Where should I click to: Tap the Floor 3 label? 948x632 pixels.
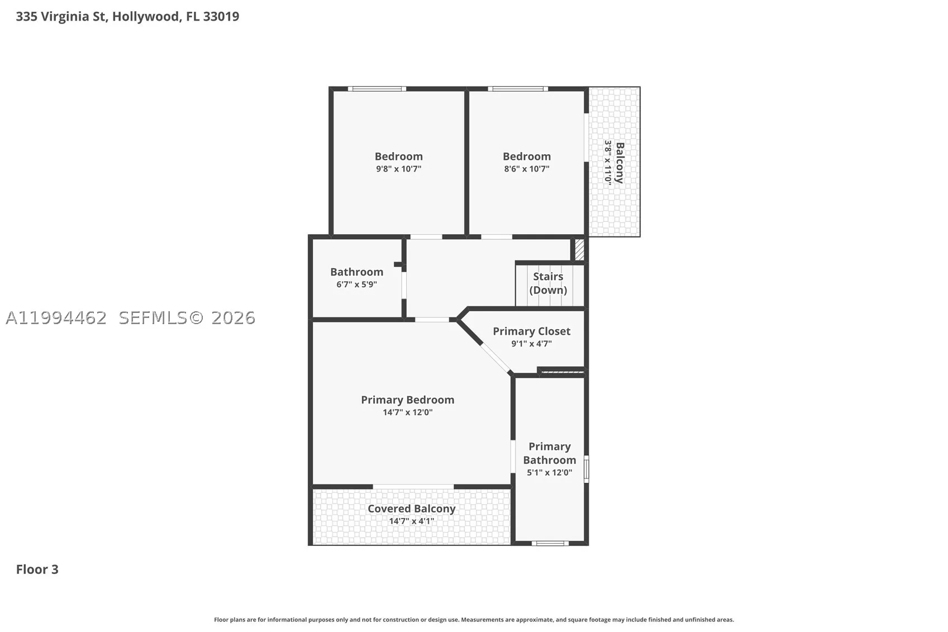point(37,569)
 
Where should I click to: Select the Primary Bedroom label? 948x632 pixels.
point(408,400)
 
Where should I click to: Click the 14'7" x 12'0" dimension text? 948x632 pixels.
point(408,412)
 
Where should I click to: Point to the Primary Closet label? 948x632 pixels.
point(532,331)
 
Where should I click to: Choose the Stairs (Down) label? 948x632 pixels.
point(548,283)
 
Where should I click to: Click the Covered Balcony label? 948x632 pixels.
point(411,509)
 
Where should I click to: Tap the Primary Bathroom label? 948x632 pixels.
point(549,453)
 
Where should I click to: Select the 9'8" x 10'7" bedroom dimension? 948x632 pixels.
point(399,169)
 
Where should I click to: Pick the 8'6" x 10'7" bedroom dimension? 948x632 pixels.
point(526,169)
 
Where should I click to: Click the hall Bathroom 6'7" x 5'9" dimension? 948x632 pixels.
point(356,284)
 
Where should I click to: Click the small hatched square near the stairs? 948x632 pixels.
point(579,250)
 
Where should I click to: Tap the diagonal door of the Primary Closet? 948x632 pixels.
point(496,358)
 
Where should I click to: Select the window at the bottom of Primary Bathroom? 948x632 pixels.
point(550,543)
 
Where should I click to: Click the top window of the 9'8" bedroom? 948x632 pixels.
point(377,89)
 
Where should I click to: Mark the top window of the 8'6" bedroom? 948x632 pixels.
point(518,89)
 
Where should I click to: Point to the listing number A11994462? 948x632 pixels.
point(56,318)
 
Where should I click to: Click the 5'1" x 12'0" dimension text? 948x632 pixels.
point(549,472)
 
